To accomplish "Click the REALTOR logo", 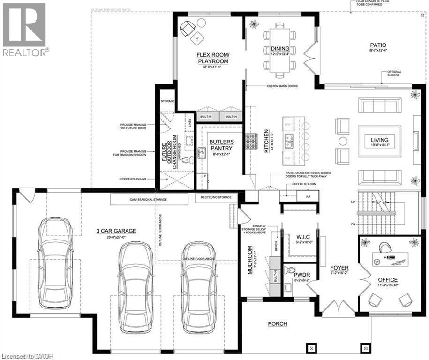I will tap(24, 29).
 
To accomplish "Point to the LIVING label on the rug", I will tap(380, 140).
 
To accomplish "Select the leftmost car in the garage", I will tap(55, 259).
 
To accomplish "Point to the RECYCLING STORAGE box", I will tap(216, 199).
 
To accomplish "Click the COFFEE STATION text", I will tap(304, 184).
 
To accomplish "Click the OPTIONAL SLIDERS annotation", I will tap(394, 74).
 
